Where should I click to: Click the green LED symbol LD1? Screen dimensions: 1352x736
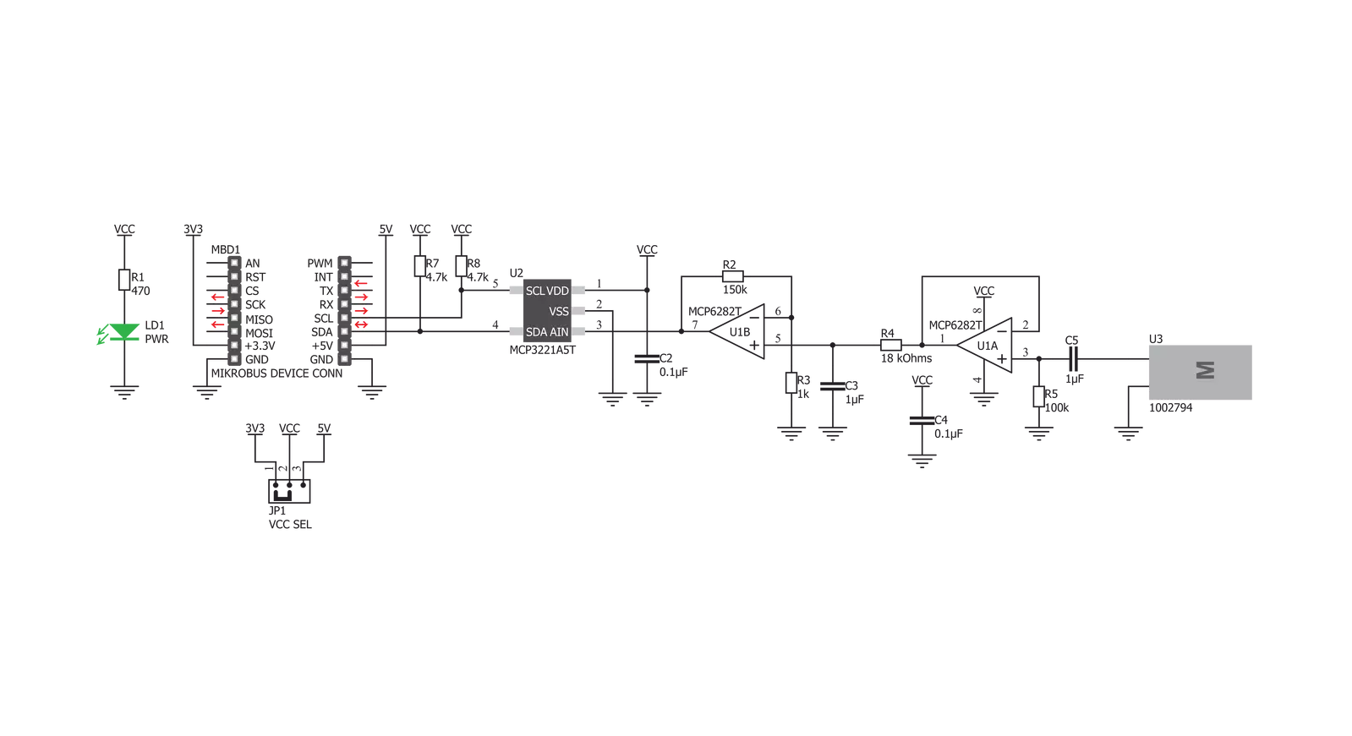pos(124,332)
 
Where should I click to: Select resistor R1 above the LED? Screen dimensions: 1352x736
pos(124,280)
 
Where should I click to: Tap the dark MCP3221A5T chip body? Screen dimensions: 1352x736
pos(547,311)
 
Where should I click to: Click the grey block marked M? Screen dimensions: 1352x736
pos(1200,372)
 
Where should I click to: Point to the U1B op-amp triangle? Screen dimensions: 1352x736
pos(736,331)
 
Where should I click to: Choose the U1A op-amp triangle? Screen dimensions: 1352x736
pos(984,345)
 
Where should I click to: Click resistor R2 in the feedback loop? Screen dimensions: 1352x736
pos(733,276)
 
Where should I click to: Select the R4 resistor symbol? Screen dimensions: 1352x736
pos(891,345)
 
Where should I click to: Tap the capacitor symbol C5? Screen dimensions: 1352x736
pos(1072,359)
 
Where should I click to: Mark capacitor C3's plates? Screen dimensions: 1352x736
pos(832,386)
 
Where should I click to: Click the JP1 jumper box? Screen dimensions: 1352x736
pos(290,491)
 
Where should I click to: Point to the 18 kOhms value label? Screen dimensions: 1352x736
pos(906,358)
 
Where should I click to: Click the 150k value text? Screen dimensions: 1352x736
pos(735,290)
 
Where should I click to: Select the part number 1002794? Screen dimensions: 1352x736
pos(1170,408)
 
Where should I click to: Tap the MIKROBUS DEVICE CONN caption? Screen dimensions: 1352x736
pos(276,373)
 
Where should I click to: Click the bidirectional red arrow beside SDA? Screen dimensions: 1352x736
pos(361,324)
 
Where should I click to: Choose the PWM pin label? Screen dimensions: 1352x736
pos(320,264)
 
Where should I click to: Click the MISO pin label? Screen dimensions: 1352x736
pos(259,319)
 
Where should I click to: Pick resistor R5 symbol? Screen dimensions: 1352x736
pos(1039,396)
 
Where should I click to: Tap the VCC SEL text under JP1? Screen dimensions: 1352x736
pos(290,524)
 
